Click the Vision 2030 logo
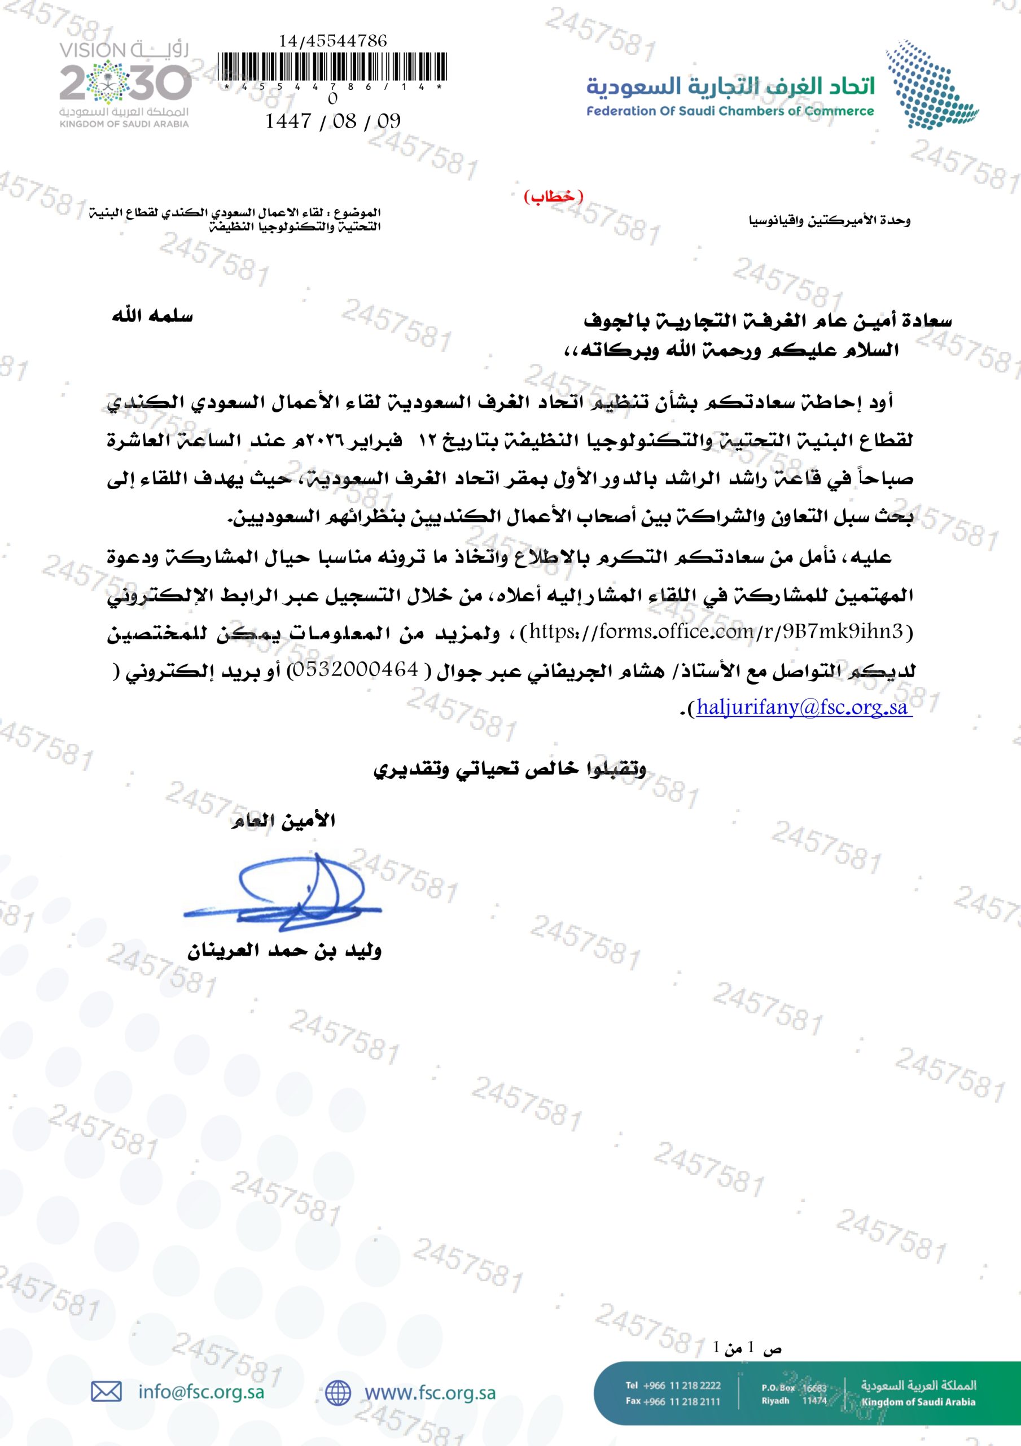pos(125,84)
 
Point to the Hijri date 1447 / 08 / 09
pos(333,121)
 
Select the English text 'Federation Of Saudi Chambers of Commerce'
pos(730,111)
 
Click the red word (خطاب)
pos(554,196)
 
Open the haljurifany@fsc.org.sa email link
pos(802,708)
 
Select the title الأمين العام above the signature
pos(284,821)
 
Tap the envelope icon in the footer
pos(106,1391)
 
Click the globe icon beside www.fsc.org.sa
pos(338,1392)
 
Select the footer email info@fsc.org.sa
pos(201,1392)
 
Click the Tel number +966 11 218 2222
pos(682,1385)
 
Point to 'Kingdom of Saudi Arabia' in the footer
pos(918,1402)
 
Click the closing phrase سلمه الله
pos(152,316)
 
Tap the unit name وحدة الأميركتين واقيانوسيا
pos(830,221)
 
